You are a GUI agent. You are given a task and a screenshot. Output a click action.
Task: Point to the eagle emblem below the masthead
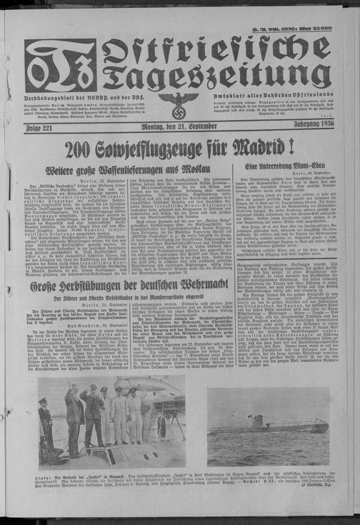tap(179, 104)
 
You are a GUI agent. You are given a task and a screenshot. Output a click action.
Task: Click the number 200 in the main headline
tap(83, 149)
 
